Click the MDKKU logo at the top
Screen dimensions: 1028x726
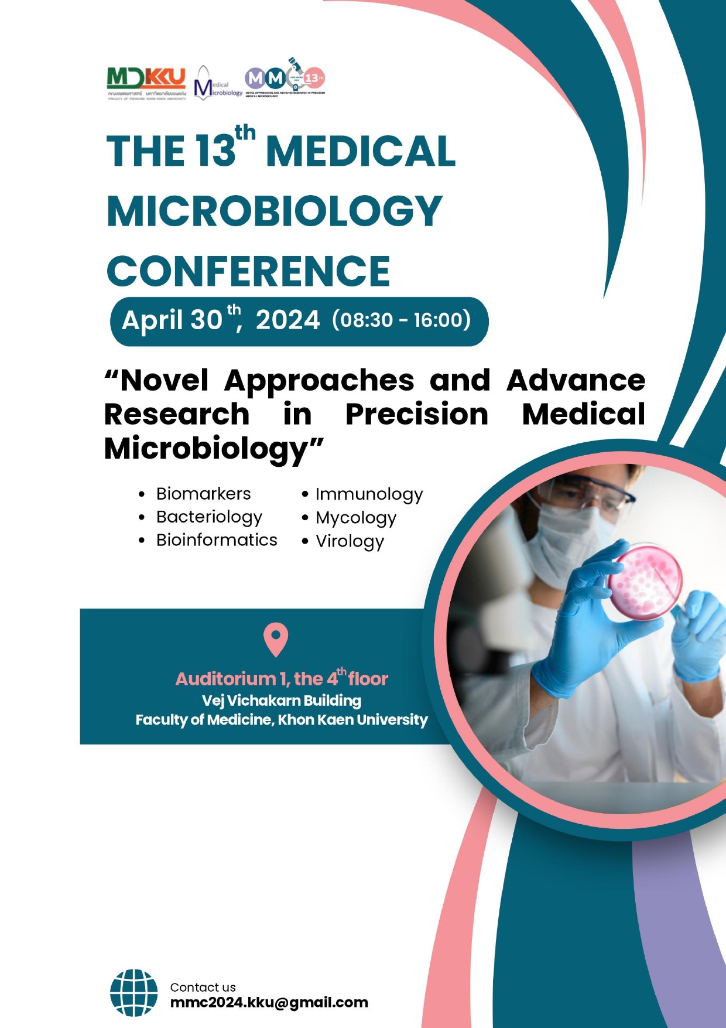point(146,83)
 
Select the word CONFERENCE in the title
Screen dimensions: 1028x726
point(248,271)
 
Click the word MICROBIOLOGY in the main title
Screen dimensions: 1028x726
point(275,211)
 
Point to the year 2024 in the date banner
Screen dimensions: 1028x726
point(287,320)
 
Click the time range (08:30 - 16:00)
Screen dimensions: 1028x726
point(401,320)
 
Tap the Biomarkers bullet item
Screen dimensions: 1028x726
point(203,494)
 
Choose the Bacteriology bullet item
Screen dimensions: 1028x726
point(209,517)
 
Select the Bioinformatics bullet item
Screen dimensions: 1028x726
point(217,540)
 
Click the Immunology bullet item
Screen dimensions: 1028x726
point(369,494)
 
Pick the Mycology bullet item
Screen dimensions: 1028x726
point(356,518)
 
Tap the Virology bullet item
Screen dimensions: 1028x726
point(350,541)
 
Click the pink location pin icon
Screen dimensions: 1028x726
point(276,639)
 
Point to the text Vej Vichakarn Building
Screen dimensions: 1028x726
point(282,701)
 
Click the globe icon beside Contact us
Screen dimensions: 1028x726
point(133,992)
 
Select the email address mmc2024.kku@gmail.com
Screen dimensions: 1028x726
point(269,1003)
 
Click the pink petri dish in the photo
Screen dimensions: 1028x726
point(645,580)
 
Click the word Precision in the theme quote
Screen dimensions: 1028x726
point(417,415)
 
